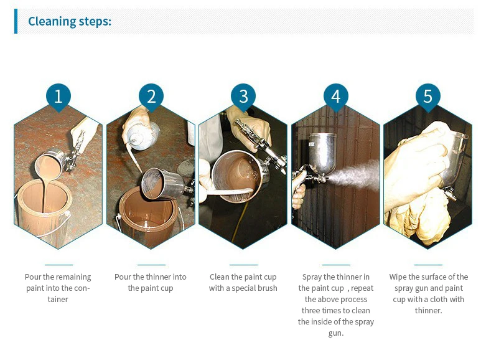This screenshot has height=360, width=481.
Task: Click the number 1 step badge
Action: [58, 97]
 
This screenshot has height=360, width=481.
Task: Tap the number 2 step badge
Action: [151, 97]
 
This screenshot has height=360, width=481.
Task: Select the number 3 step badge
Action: [243, 97]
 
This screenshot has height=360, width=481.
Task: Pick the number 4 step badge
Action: [336, 97]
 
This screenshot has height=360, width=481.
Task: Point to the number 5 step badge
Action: [428, 97]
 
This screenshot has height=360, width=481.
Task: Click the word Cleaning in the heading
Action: [52, 22]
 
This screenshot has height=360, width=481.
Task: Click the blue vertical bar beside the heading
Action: [16, 21]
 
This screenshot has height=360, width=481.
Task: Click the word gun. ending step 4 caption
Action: [336, 334]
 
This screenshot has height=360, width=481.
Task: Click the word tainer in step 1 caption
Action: [58, 299]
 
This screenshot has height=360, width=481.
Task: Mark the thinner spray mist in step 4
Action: [354, 175]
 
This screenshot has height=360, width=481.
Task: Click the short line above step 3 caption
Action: [243, 265]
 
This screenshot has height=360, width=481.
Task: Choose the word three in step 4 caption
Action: [311, 311]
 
